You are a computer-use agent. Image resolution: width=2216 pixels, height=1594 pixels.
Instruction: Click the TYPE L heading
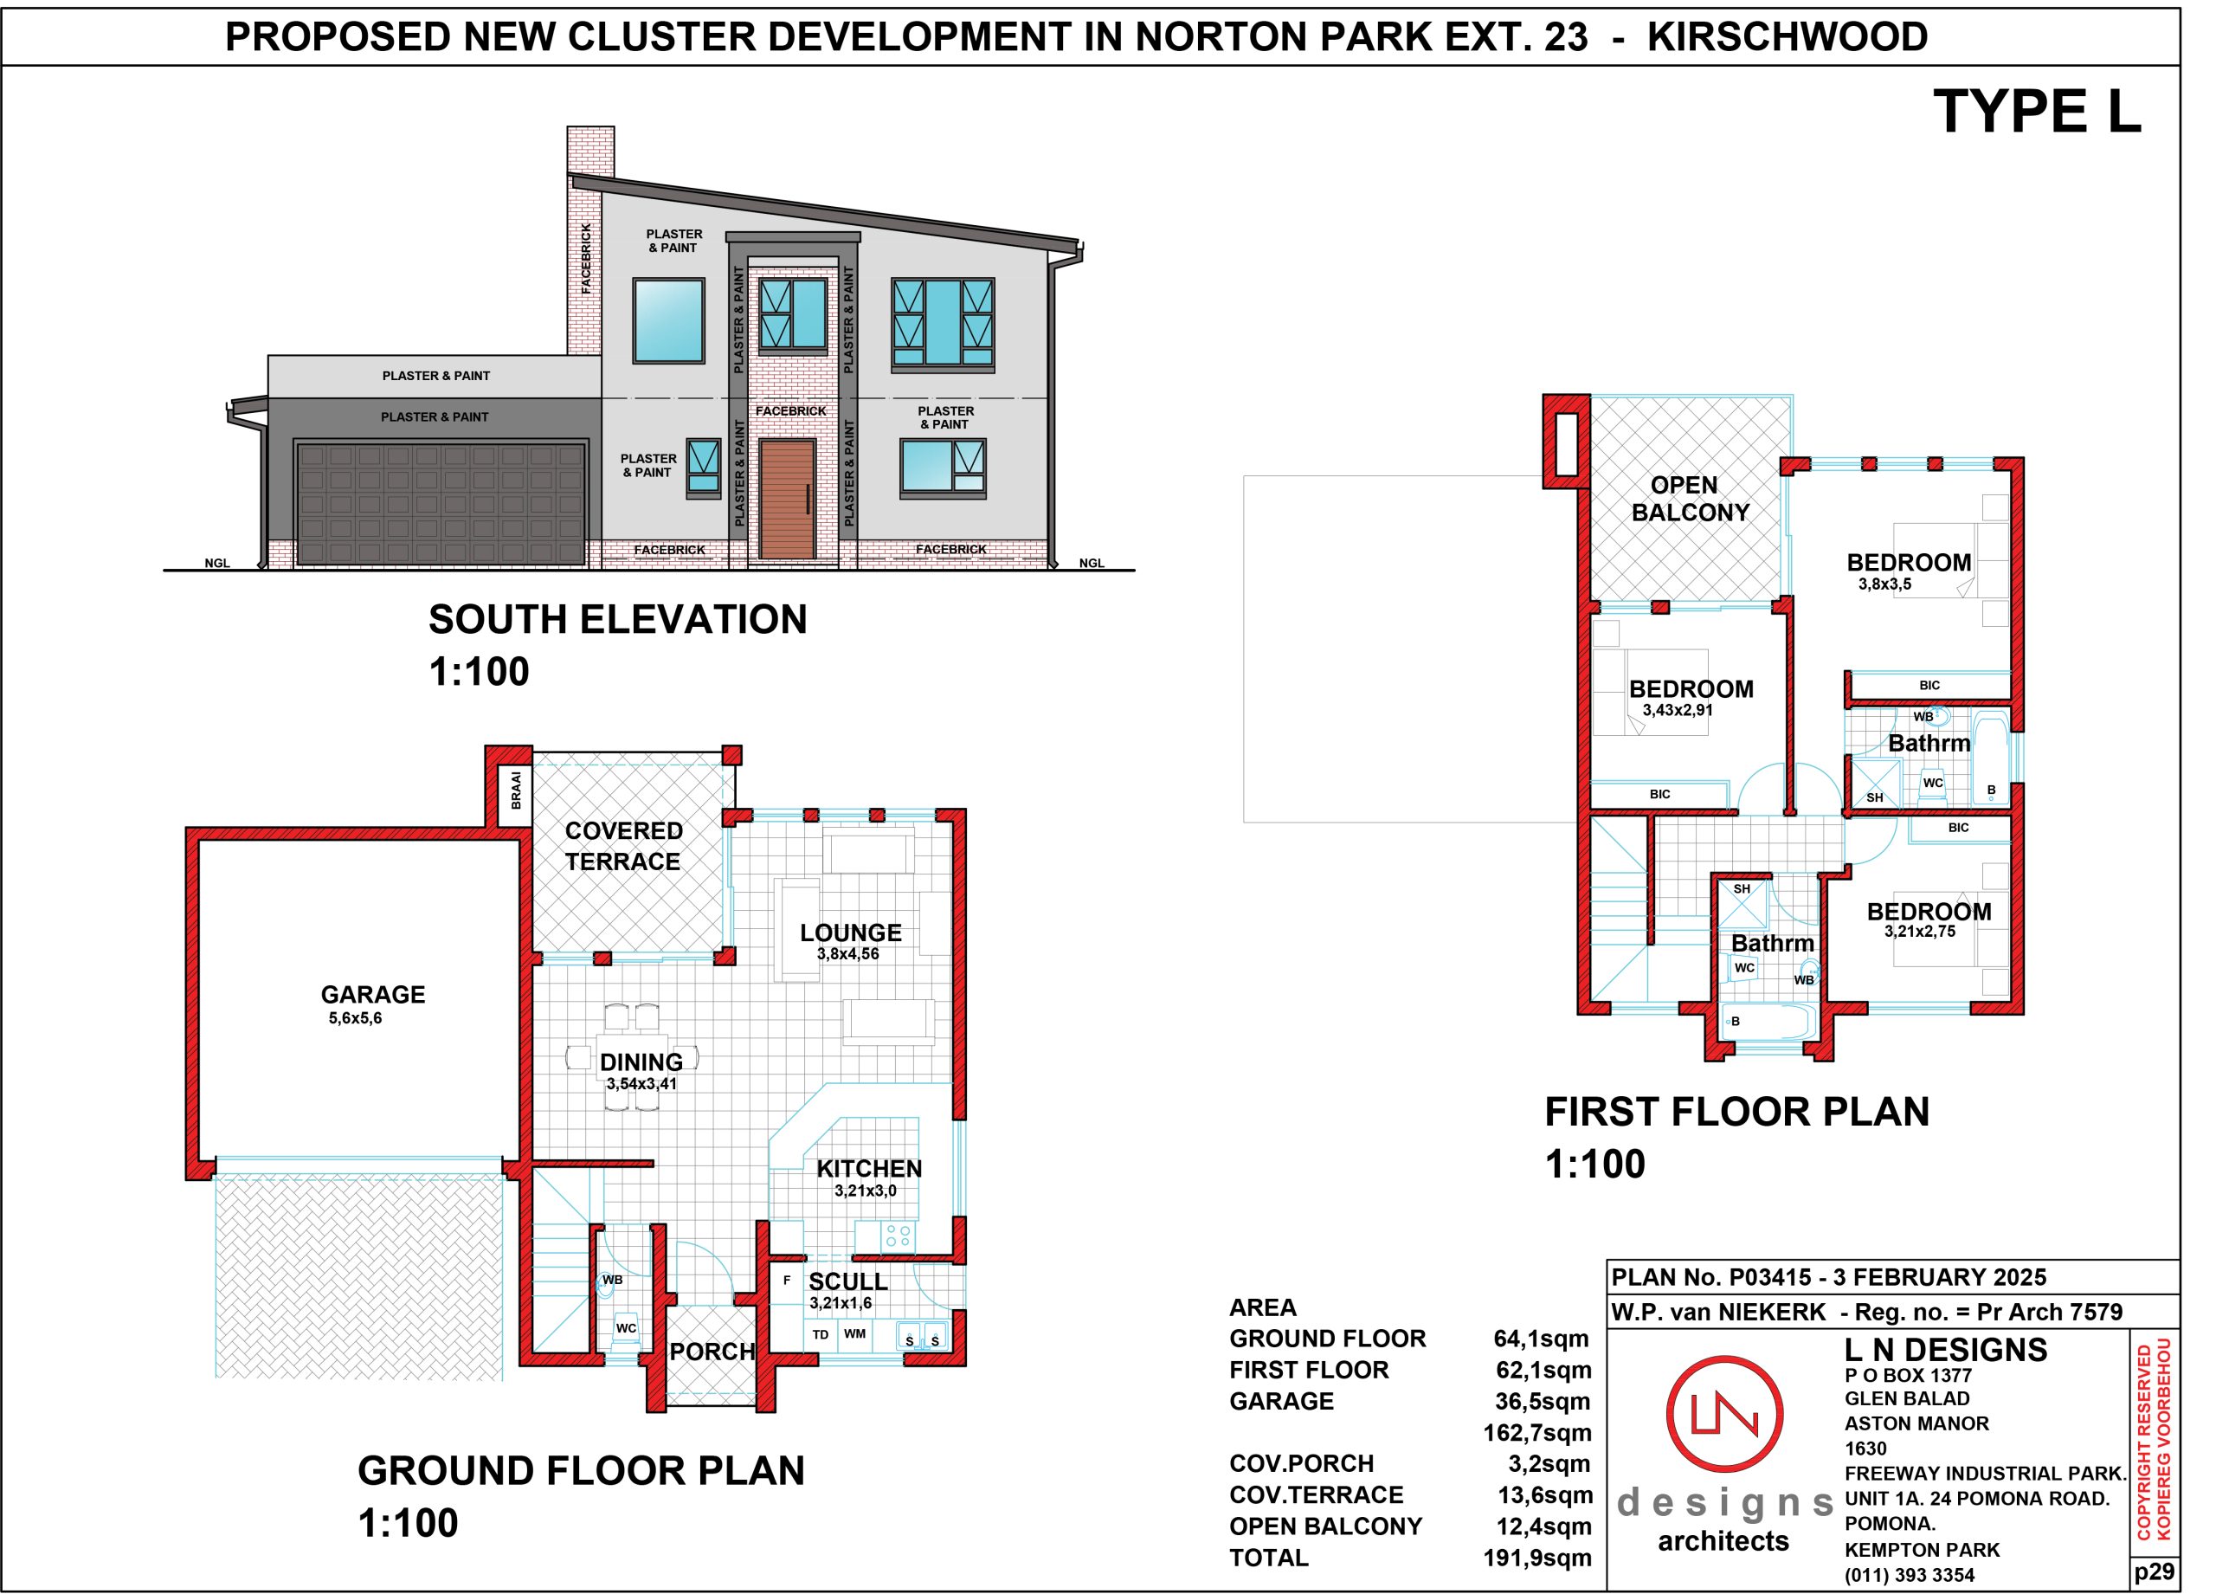[2036, 113]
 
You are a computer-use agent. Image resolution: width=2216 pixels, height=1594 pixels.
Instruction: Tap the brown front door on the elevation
[788, 500]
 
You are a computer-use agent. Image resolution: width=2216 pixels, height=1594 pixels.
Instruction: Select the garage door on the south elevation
[441, 503]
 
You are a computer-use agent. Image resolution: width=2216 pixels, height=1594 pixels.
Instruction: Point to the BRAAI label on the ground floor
[516, 790]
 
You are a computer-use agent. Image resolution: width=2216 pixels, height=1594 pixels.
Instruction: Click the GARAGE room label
[373, 994]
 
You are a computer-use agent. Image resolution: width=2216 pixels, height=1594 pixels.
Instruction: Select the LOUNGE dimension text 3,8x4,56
[848, 954]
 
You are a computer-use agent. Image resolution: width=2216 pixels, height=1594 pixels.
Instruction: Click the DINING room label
[641, 1062]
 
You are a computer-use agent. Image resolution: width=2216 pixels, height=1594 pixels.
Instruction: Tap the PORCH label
[712, 1352]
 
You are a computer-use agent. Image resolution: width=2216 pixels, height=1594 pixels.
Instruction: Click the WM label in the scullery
[855, 1333]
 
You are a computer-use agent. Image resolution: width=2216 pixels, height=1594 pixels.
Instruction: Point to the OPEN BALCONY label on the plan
[1690, 499]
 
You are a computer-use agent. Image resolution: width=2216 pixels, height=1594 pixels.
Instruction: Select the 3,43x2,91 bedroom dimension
[1678, 711]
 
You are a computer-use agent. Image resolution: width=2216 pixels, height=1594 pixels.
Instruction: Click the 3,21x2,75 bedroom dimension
[1920, 932]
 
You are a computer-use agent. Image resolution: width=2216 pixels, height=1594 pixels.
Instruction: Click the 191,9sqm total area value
[1538, 1558]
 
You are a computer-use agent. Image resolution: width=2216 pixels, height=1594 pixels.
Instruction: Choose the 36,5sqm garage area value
[1543, 1402]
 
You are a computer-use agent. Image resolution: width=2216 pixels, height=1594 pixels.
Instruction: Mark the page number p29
[2154, 1571]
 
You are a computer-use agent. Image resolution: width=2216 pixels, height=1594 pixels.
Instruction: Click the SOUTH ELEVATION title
[617, 620]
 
